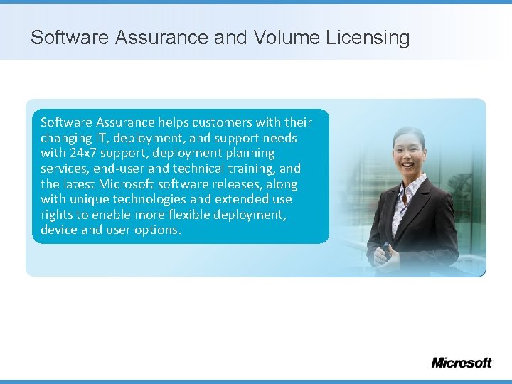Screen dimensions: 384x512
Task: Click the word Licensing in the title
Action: click(x=368, y=38)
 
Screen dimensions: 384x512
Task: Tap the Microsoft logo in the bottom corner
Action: click(x=461, y=362)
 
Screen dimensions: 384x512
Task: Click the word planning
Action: click(x=248, y=153)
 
